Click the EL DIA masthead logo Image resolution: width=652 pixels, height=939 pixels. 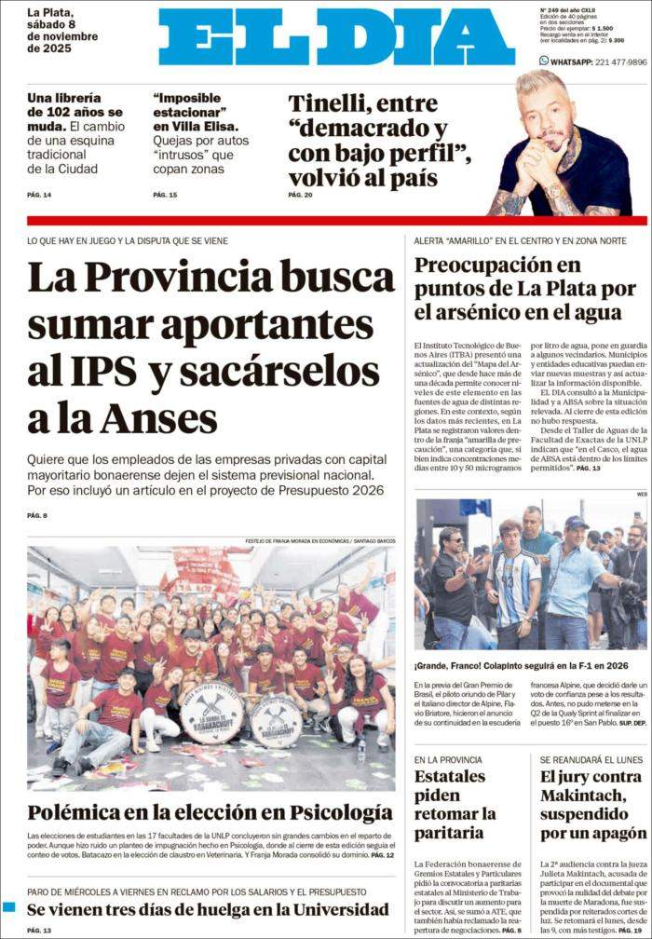[336, 37]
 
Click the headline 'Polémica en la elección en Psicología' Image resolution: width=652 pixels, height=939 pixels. [210, 811]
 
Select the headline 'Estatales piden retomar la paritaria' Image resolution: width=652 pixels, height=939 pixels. [455, 804]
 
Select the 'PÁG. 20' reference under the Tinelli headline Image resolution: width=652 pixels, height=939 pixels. [300, 195]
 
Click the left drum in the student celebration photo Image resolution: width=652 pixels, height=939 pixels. [211, 714]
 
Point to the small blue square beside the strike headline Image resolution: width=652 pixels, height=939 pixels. [9, 906]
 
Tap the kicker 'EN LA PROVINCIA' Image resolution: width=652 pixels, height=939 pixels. [448, 760]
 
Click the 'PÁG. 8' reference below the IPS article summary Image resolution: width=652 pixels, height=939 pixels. [37, 515]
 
